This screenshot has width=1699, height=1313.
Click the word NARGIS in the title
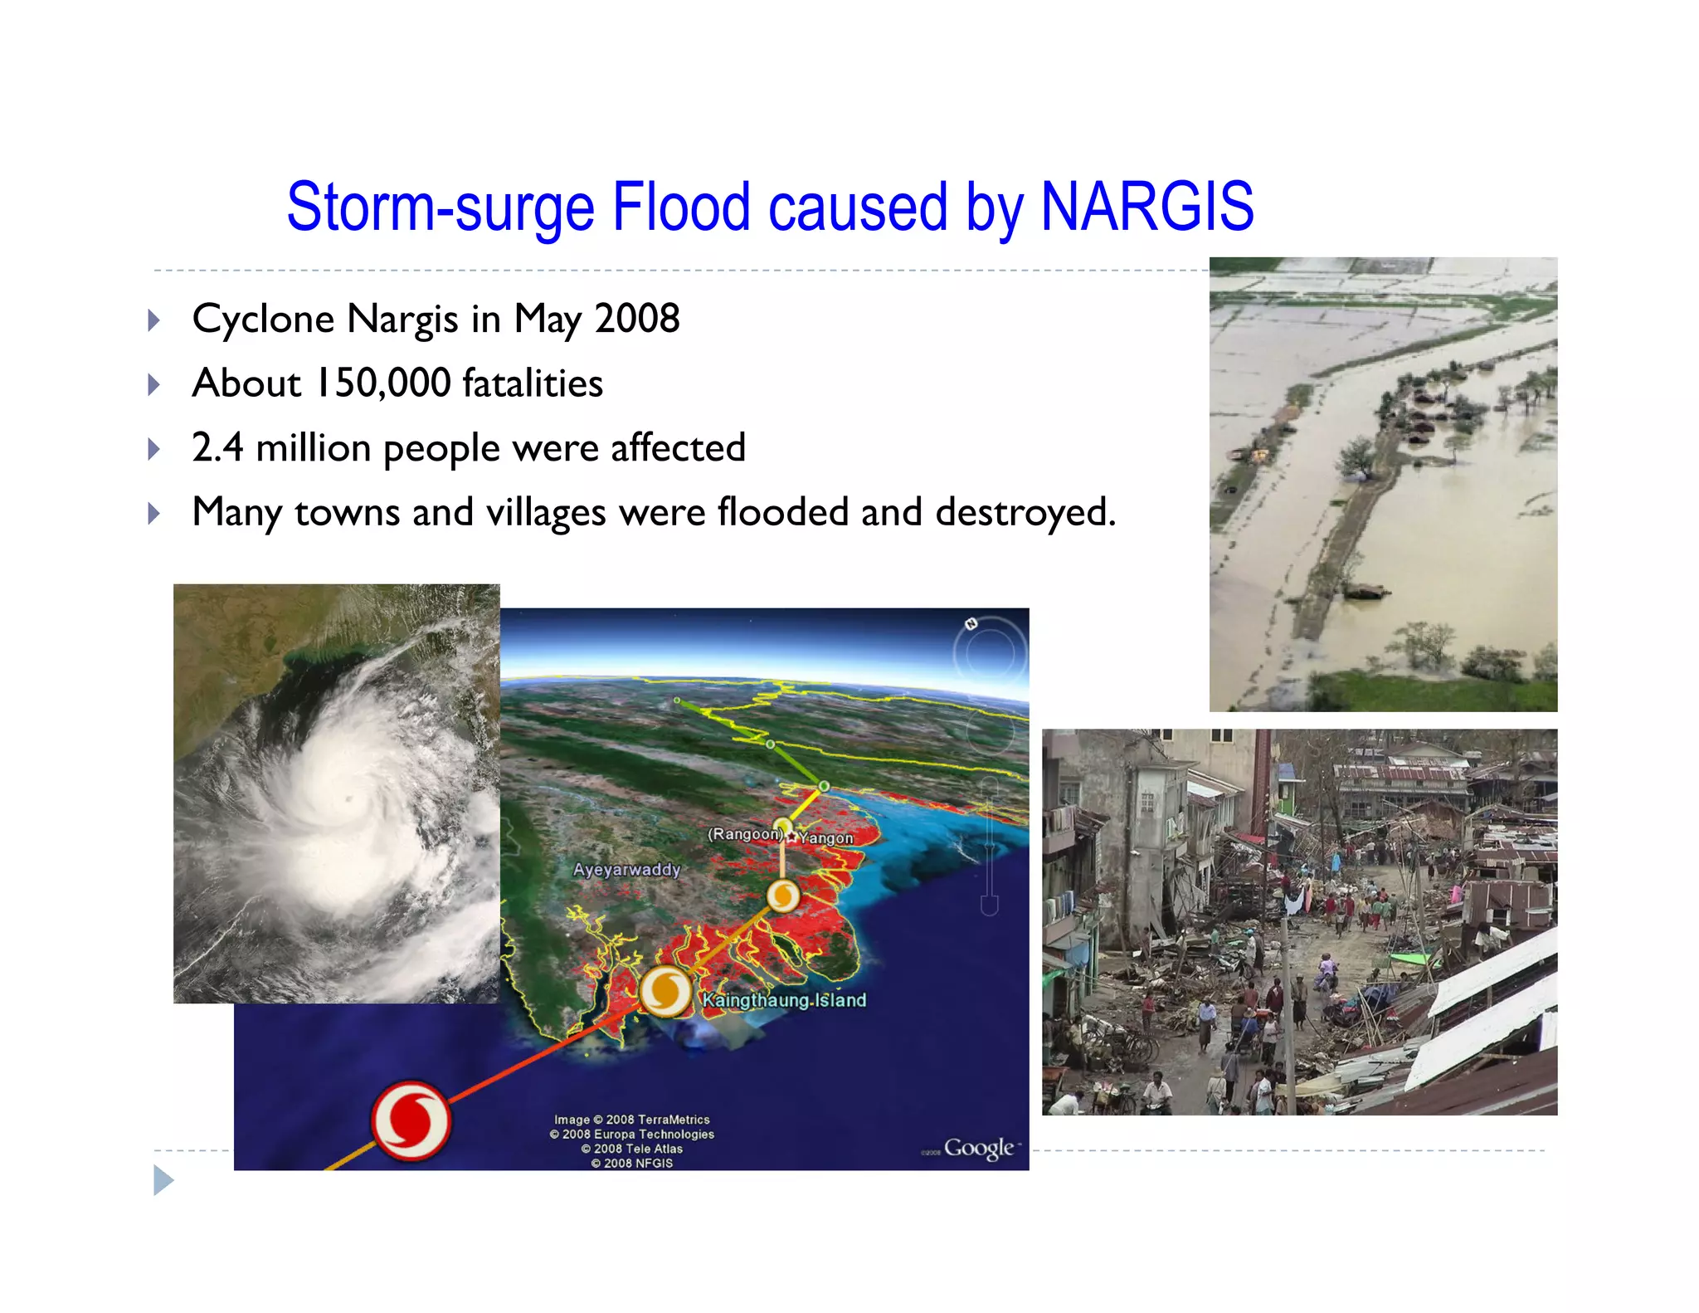tap(1146, 207)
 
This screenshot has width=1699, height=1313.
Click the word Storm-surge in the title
tap(441, 207)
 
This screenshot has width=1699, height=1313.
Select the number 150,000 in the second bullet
tap(384, 383)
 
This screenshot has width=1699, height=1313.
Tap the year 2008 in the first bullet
tap(637, 319)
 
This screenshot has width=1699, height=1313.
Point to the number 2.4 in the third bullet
tap(217, 447)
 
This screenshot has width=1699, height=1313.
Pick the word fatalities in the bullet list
tap(533, 383)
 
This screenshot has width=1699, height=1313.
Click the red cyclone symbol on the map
tap(411, 1120)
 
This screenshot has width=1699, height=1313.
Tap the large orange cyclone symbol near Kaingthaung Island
tap(665, 991)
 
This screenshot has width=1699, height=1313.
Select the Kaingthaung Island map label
tap(784, 1000)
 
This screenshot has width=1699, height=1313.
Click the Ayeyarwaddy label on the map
tap(626, 870)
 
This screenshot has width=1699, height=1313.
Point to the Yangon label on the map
tap(826, 838)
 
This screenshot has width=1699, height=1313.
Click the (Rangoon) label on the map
tap(744, 833)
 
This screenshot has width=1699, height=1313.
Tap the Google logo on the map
tap(979, 1148)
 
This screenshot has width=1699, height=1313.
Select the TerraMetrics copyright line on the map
tap(632, 1120)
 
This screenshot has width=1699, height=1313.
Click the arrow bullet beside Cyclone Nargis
tap(153, 320)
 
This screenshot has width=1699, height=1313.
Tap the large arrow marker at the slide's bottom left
tap(163, 1180)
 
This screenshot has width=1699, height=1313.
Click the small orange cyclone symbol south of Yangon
tap(782, 896)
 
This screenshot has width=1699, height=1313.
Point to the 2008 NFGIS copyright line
tap(632, 1163)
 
